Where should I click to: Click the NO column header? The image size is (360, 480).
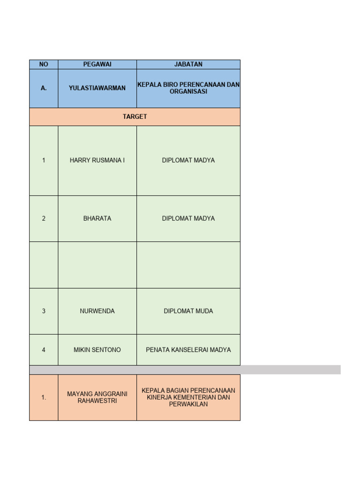[x=44, y=64]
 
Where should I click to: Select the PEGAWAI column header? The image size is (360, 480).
[x=97, y=64]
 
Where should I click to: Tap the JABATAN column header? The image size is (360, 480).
[x=188, y=64]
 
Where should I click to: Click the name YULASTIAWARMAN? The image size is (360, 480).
[x=97, y=88]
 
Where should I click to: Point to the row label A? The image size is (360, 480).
[x=44, y=88]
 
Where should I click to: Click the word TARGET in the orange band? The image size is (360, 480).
[x=135, y=117]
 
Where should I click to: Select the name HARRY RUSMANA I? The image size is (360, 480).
[x=97, y=160]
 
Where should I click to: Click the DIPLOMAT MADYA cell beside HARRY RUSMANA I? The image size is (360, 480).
[x=188, y=160]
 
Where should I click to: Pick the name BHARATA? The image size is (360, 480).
[x=97, y=218]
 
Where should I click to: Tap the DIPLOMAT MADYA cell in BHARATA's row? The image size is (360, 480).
[x=188, y=218]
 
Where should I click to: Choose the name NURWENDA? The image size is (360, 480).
[x=97, y=311]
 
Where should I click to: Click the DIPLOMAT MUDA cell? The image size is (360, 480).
[x=188, y=311]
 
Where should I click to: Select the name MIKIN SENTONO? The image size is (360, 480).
[x=97, y=350]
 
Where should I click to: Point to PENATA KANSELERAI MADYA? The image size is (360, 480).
[x=188, y=350]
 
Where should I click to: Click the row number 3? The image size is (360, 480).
[x=44, y=311]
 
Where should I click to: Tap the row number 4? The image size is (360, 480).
[x=44, y=350]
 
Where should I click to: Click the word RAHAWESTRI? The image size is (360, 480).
[x=97, y=401]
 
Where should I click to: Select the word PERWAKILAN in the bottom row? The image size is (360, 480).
[x=188, y=404]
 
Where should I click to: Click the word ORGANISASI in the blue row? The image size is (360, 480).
[x=188, y=91]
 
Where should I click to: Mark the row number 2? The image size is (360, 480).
[x=44, y=218]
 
